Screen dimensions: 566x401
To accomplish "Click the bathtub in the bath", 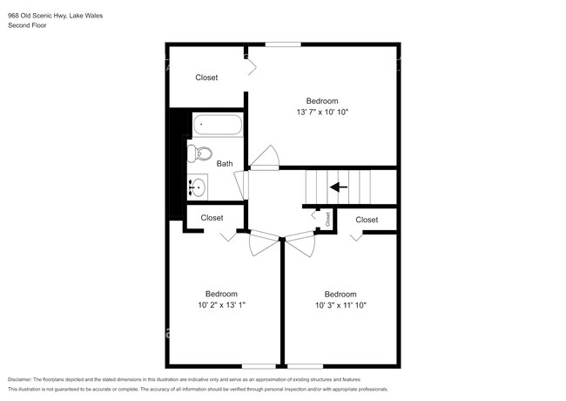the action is point(218,125).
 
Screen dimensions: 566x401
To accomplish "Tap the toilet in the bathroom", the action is point(199,153).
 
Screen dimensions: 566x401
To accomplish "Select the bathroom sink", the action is point(197,187).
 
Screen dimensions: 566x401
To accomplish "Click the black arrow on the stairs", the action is point(339,187).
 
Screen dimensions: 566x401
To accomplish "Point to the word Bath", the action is point(225,164).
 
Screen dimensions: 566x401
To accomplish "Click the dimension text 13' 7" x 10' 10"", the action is point(322,112).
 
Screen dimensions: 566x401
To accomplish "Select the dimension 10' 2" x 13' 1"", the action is point(221,305).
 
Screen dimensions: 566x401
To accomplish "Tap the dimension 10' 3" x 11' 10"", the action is point(340,305).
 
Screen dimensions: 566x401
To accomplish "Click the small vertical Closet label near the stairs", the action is point(327,219).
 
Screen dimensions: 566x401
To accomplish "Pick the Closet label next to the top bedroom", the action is point(206,78).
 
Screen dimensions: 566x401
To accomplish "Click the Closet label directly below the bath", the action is point(212,218).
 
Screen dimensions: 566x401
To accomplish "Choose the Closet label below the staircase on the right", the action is point(367,220).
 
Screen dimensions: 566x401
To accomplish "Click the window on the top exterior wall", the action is point(283,44).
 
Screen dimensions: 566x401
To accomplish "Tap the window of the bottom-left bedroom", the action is point(259,366).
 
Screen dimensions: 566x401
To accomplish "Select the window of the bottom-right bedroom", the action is point(305,366).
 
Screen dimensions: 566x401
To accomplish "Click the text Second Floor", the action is point(27,25).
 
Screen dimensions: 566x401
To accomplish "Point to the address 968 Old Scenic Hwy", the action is point(37,16).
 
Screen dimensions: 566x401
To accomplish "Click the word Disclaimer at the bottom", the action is point(20,380).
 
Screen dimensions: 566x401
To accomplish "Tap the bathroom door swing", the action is point(241,185).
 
